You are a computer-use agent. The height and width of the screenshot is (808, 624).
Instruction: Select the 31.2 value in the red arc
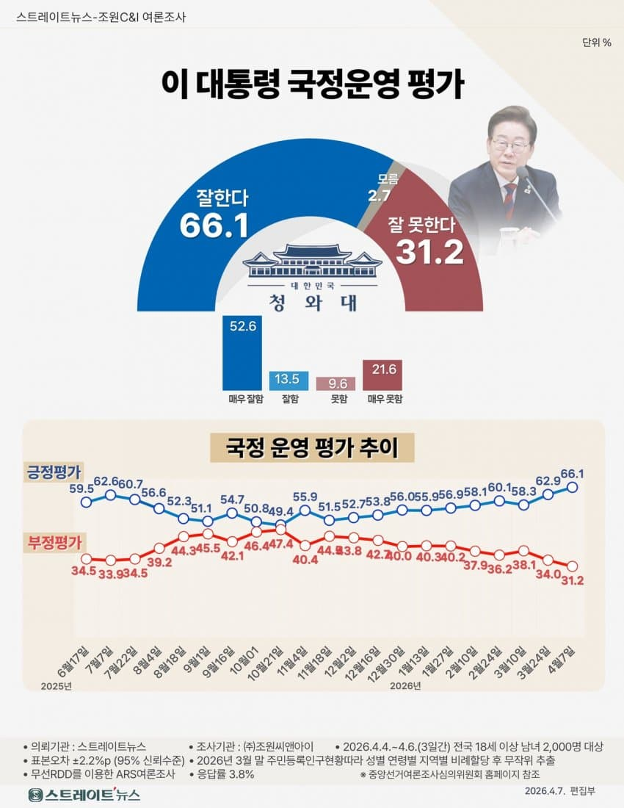tap(429, 252)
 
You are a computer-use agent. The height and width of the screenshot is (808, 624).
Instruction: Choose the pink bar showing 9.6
tap(335, 383)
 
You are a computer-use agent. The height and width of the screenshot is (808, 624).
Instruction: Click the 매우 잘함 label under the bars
tap(241, 400)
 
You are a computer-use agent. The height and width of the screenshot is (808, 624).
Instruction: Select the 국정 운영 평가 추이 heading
tap(312, 447)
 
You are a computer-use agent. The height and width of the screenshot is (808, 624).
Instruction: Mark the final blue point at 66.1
tap(573, 486)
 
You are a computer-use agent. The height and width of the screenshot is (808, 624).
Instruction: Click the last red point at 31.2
tap(573, 566)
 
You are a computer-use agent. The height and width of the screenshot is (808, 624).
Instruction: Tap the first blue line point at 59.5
tap(86, 502)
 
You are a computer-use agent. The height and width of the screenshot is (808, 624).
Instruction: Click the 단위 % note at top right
tap(596, 42)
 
